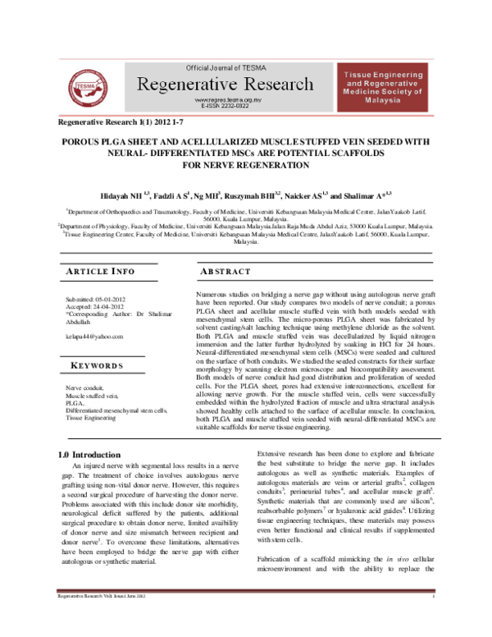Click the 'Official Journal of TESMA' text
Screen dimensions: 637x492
pos(233,66)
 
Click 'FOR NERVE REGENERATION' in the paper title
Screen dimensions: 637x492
pos(245,165)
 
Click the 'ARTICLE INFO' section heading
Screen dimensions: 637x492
pos(100,272)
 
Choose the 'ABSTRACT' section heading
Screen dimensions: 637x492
pos(225,272)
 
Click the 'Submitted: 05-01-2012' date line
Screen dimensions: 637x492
pos(96,300)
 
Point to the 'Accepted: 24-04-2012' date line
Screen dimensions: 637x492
pos(94,307)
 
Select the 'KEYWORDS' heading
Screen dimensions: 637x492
pos(98,365)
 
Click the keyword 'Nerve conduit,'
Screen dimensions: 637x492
pos(87,388)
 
